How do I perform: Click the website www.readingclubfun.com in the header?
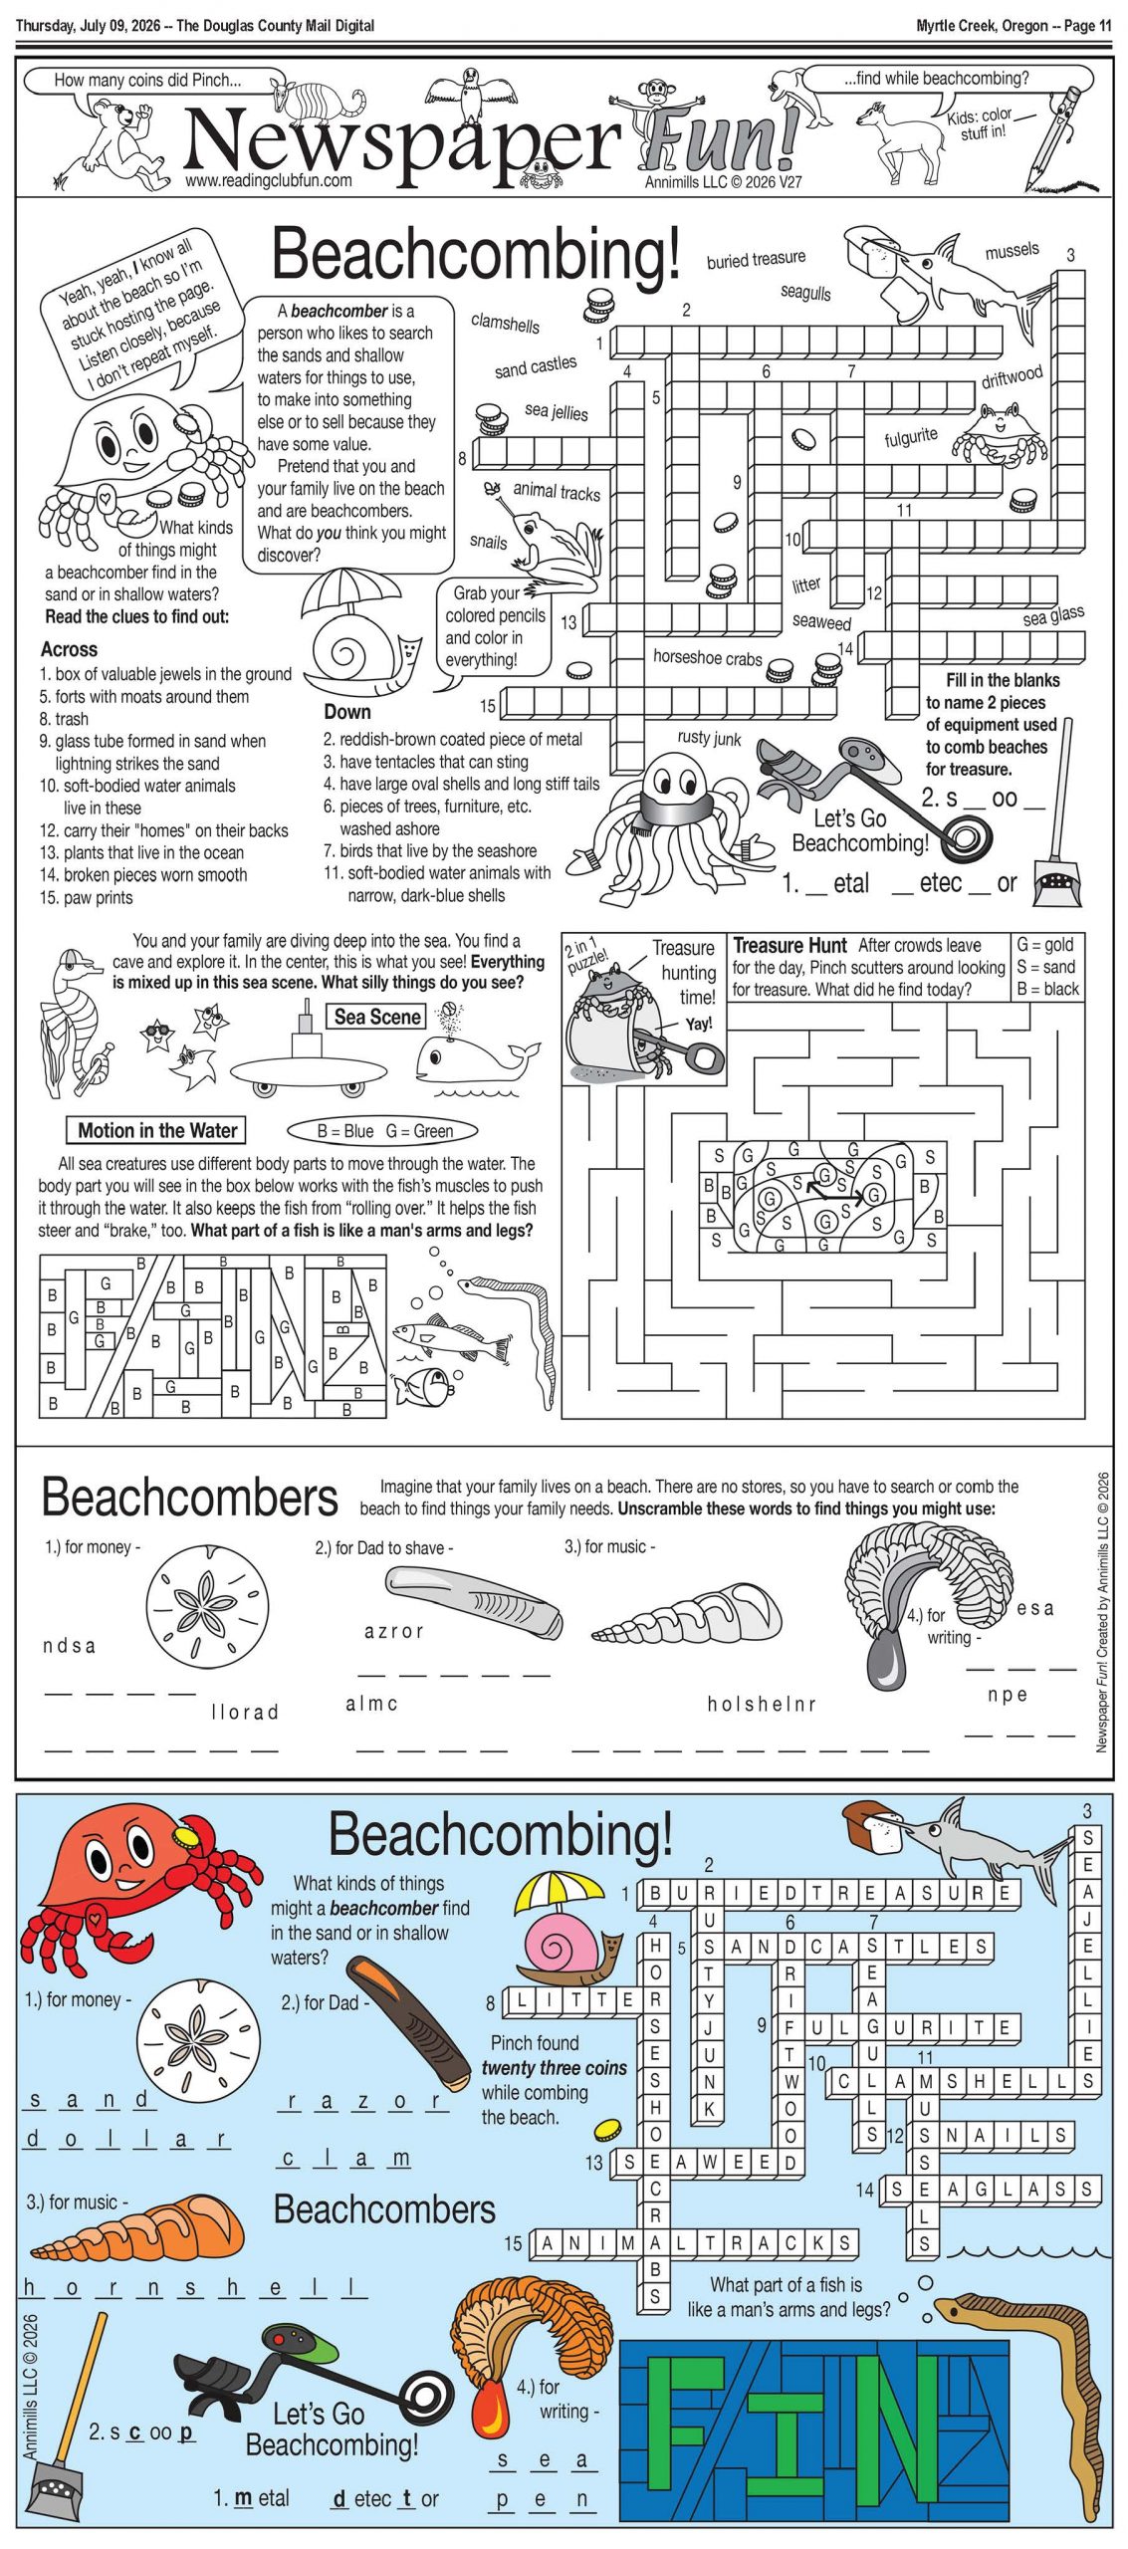pos(268,180)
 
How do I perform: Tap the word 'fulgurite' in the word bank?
pos(910,436)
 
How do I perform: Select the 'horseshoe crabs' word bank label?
pos(707,657)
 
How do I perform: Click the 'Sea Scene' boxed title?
pos(377,1017)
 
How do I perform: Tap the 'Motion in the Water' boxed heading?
pos(157,1130)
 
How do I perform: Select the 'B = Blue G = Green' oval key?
pos(383,1131)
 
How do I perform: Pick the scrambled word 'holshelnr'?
pos(762,1704)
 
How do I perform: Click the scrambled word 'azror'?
pos(394,1631)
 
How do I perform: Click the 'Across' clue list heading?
pos(69,649)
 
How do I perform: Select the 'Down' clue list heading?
pos(346,712)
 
